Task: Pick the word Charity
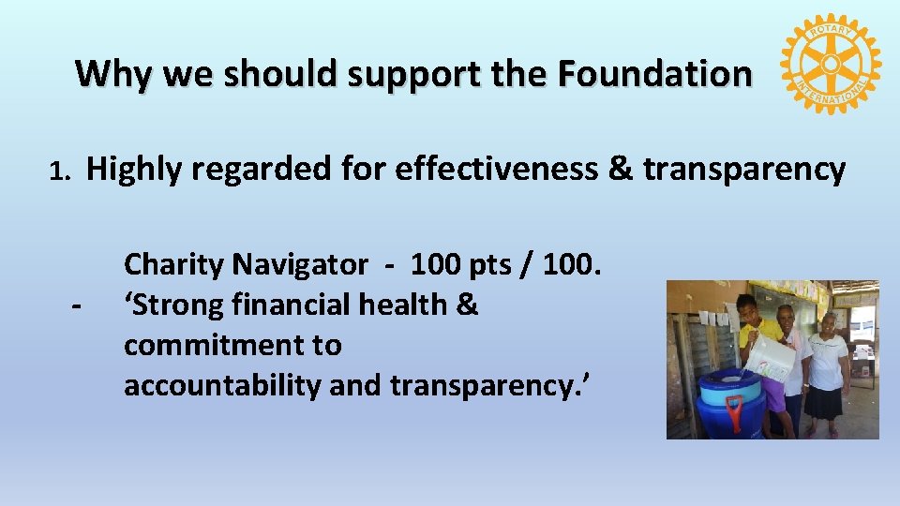(x=174, y=265)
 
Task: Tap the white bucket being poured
(x=772, y=356)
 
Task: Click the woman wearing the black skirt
(x=828, y=370)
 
